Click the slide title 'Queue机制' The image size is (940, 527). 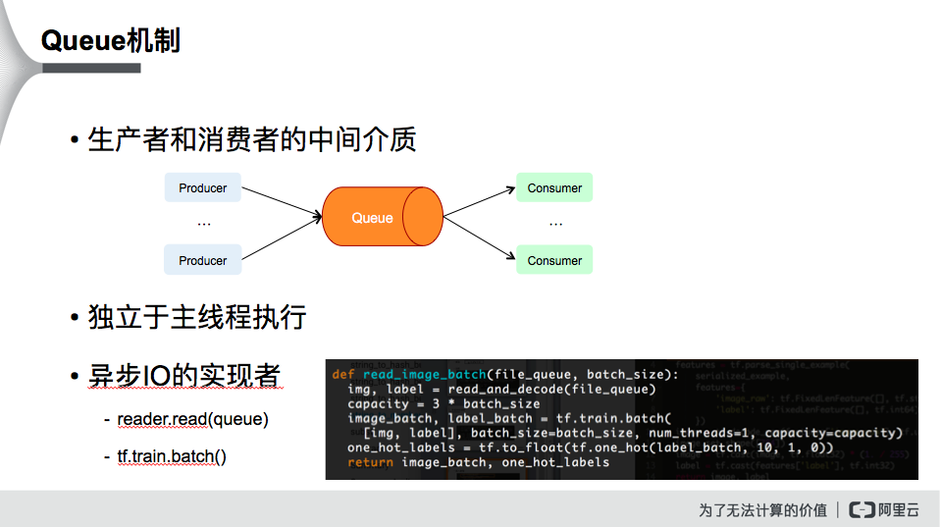[x=110, y=41]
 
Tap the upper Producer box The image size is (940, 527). [x=202, y=187]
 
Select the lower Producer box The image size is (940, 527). [x=202, y=260]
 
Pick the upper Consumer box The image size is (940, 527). [x=554, y=187]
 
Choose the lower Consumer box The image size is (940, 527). [x=554, y=260]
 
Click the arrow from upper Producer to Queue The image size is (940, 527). [x=282, y=201]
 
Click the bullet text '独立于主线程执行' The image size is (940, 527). [x=197, y=317]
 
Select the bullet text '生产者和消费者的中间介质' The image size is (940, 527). [x=252, y=139]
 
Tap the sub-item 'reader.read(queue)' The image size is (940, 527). [x=192, y=419]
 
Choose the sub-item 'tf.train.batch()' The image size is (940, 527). [x=172, y=456]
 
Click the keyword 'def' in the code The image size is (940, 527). [x=343, y=375]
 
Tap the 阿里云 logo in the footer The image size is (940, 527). [x=883, y=509]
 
